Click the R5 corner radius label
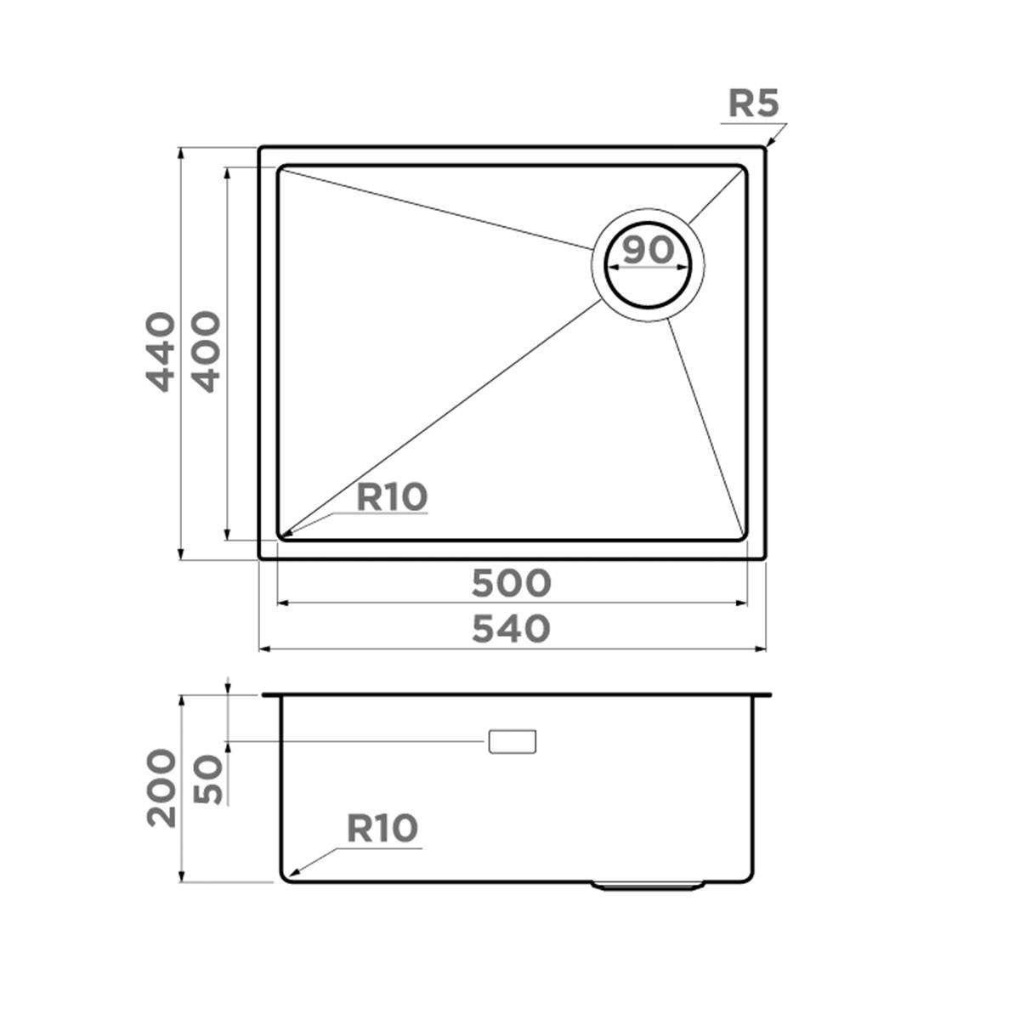pos(754,104)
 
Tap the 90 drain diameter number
pos(648,250)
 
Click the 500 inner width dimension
pos(512,583)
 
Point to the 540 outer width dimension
pos(512,629)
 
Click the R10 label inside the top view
pos(391,497)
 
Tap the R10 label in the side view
pos(382,827)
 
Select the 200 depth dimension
pos(161,788)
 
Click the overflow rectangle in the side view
pos(513,741)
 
